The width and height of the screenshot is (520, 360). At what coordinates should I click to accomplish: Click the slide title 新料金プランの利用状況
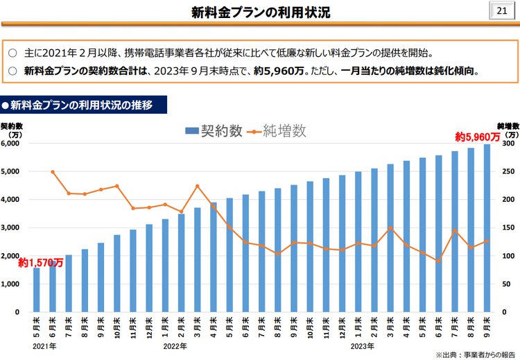(261, 12)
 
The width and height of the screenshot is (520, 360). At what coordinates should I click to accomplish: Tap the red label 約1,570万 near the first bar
(41, 263)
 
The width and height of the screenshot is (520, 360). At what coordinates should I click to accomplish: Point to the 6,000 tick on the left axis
(11, 144)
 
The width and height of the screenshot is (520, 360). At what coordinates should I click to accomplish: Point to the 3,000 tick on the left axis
(11, 228)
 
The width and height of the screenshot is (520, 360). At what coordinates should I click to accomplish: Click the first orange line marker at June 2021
(53, 171)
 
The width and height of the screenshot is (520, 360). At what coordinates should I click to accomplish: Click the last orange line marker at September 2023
(487, 241)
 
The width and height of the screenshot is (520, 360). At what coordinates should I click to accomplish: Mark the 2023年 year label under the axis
(362, 345)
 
